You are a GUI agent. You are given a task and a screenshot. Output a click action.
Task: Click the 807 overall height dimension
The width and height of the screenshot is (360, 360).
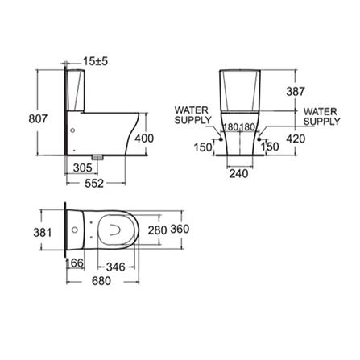tap(38, 118)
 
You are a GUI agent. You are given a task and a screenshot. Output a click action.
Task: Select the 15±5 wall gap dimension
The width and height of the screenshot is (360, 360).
tap(95, 61)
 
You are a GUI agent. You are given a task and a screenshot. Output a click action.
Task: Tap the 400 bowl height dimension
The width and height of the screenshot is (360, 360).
tap(144, 139)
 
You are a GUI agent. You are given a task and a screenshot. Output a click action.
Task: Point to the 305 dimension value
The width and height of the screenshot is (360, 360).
tap(83, 168)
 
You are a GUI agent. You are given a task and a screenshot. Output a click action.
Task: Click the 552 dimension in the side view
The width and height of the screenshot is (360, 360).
tap(94, 184)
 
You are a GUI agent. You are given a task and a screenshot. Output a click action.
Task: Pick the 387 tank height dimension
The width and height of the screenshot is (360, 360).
tap(296, 92)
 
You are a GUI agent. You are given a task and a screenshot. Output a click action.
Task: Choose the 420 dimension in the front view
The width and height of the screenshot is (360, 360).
tap(296, 139)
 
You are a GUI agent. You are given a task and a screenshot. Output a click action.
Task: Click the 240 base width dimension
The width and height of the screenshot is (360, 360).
tap(238, 174)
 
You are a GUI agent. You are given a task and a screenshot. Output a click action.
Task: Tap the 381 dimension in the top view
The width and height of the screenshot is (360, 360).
tap(43, 232)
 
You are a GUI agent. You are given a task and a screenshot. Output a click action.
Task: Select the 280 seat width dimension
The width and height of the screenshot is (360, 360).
tap(158, 230)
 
